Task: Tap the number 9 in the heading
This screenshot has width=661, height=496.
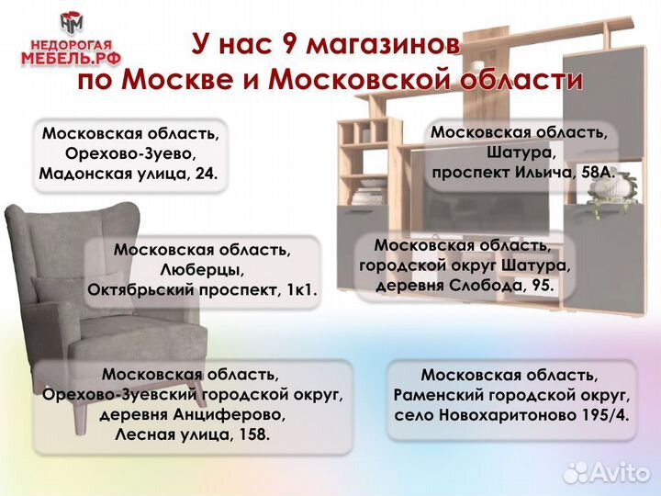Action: click(x=290, y=43)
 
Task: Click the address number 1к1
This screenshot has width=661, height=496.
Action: click(x=297, y=290)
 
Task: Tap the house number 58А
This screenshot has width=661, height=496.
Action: click(x=597, y=172)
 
